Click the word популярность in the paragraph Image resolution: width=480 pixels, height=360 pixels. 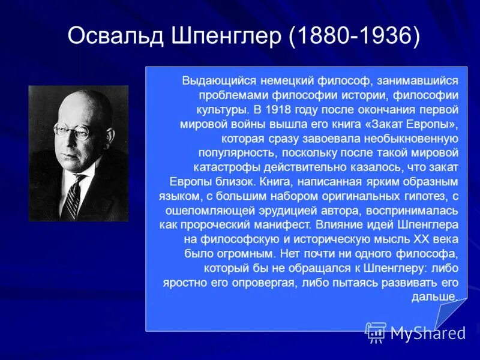pos(233,153)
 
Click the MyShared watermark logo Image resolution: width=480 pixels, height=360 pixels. pos(416,332)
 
